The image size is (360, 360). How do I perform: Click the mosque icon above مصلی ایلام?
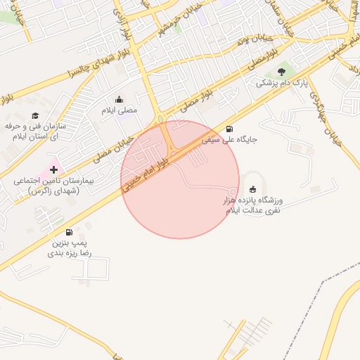pos(118,99)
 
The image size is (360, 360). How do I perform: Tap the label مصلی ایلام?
pos(120,110)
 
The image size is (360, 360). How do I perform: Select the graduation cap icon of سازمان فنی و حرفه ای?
pos(35,115)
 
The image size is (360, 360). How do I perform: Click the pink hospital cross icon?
pos(54,169)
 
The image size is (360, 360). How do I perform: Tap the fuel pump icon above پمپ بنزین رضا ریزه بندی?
pos(68,233)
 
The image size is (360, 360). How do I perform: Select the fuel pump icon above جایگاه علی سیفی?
pos(231,128)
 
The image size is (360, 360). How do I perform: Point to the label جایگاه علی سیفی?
pos(230,139)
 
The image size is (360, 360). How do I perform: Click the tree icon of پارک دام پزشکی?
pos(281,71)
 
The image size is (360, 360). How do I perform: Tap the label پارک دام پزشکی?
pos(281,84)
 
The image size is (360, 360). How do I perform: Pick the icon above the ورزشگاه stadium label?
pos(252,188)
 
